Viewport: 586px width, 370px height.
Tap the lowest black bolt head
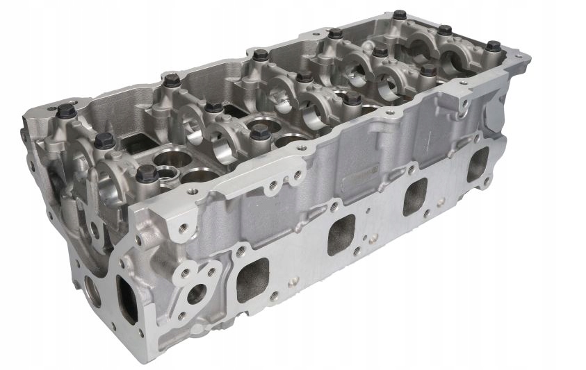(147, 174)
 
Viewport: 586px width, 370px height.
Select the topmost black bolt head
(399, 15)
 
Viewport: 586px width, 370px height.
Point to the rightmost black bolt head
(493, 47)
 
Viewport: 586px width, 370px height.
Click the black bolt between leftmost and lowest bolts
(104, 139)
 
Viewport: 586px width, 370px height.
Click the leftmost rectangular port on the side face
(252, 280)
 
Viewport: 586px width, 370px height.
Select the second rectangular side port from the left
(341, 233)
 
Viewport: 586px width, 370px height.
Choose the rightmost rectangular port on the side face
(478, 165)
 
